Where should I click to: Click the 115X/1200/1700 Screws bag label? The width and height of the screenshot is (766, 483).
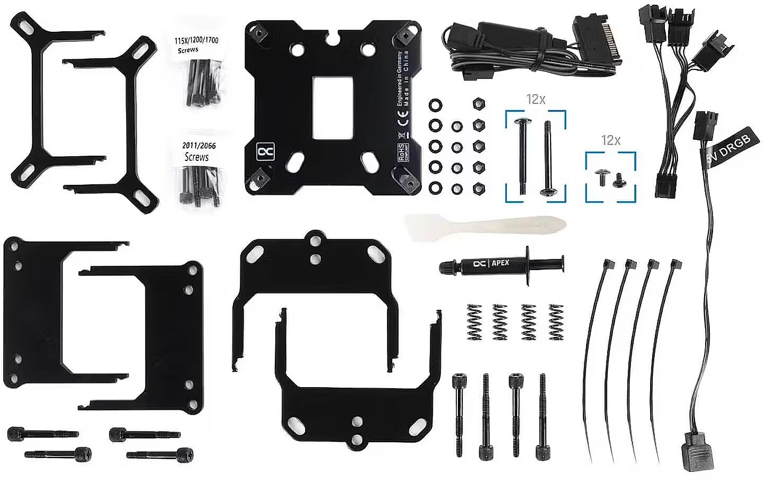point(196,44)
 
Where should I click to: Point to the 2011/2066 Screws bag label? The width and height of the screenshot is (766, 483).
point(199,151)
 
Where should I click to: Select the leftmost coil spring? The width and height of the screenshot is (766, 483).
point(474,321)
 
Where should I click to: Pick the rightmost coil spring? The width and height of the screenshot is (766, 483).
point(556,321)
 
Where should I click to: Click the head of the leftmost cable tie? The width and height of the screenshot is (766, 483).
point(608,264)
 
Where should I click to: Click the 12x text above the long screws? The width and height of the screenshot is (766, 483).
point(536,99)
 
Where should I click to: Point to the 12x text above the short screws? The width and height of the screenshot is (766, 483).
point(610,140)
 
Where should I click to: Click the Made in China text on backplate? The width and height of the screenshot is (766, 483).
point(406,79)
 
